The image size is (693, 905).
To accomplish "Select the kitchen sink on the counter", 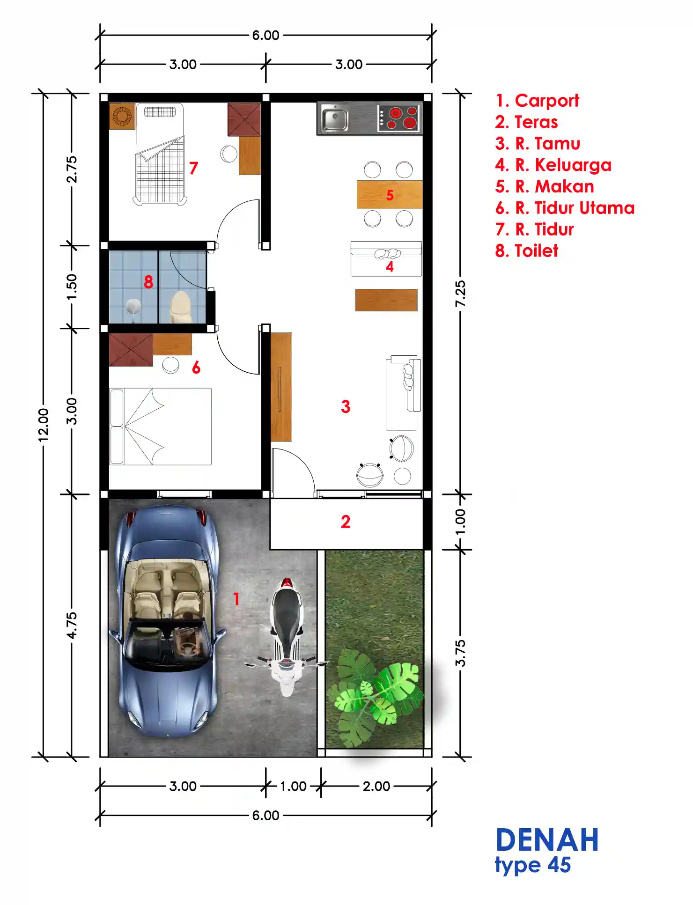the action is pyautogui.click(x=334, y=118).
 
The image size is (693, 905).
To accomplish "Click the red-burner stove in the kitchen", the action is pyautogui.click(x=398, y=118).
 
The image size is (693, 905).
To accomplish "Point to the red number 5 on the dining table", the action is pyautogui.click(x=390, y=195).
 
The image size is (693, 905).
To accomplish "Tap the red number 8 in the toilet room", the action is pyautogui.click(x=148, y=282).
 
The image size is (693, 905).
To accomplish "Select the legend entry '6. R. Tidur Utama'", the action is pyautogui.click(x=565, y=208).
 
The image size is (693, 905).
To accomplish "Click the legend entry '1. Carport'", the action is pyautogui.click(x=538, y=101).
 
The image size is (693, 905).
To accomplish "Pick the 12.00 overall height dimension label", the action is pyautogui.click(x=43, y=425).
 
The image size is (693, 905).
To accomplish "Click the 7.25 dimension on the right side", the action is pyautogui.click(x=461, y=294).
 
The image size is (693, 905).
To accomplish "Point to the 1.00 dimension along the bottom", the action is pyautogui.click(x=293, y=786).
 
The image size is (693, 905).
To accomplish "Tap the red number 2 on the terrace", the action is pyautogui.click(x=346, y=522).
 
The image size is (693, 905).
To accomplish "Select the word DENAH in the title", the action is pyautogui.click(x=547, y=840).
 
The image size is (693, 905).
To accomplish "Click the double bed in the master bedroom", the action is pyautogui.click(x=160, y=427).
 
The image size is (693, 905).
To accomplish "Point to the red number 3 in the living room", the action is pyautogui.click(x=346, y=406).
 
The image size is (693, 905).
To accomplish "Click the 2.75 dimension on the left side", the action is pyautogui.click(x=72, y=169).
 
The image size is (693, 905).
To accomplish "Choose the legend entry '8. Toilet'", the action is pyautogui.click(x=527, y=251).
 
